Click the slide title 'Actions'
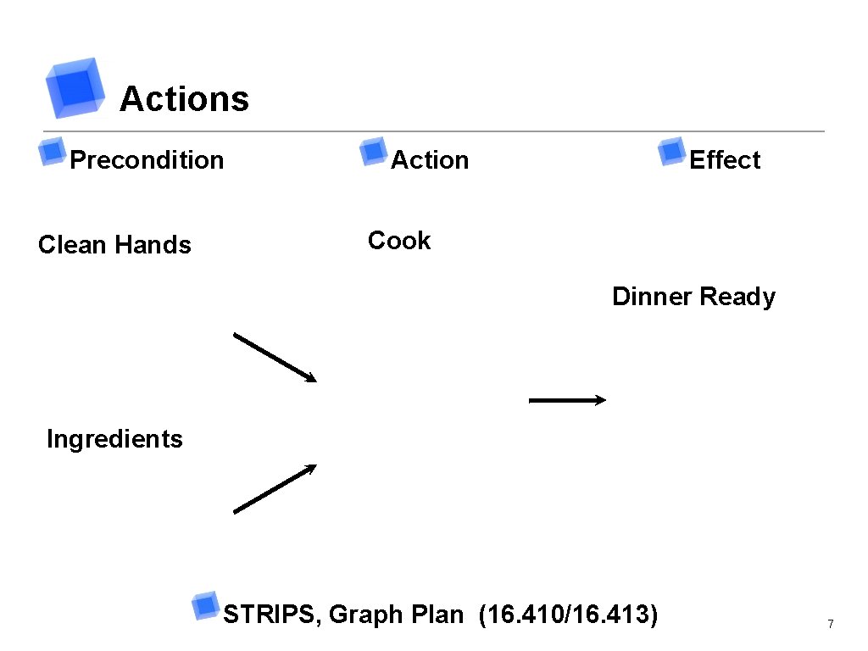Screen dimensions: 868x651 pyautogui.click(x=184, y=99)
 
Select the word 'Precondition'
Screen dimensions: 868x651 pyautogui.click(x=147, y=160)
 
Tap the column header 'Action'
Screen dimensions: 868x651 pyautogui.click(x=429, y=160)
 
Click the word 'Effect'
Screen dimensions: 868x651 pyautogui.click(x=725, y=160)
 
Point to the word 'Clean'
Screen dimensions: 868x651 pyautogui.click(x=73, y=245)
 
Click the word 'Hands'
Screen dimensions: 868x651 pyautogui.click(x=153, y=245)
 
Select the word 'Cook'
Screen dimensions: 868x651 pyautogui.click(x=399, y=241)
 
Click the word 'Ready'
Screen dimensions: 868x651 pyautogui.click(x=737, y=298)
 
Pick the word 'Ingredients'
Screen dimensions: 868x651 pyautogui.click(x=114, y=439)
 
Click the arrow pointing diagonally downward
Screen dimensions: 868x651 pyautogui.click(x=275, y=358)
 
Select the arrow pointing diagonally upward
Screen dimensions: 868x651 pyautogui.click(x=275, y=488)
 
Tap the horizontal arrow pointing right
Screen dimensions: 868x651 pyautogui.click(x=567, y=400)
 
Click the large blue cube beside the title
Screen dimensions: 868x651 pyautogui.click(x=75, y=86)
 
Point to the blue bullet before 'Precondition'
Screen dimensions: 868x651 pyautogui.click(x=52, y=151)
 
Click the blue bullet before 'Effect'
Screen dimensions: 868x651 pyautogui.click(x=671, y=151)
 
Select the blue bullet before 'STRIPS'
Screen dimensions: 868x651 pyautogui.click(x=204, y=604)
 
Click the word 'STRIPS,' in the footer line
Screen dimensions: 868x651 pyautogui.click(x=272, y=615)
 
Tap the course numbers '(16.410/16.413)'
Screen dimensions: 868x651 pyautogui.click(x=568, y=614)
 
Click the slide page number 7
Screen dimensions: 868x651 pyautogui.click(x=831, y=625)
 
